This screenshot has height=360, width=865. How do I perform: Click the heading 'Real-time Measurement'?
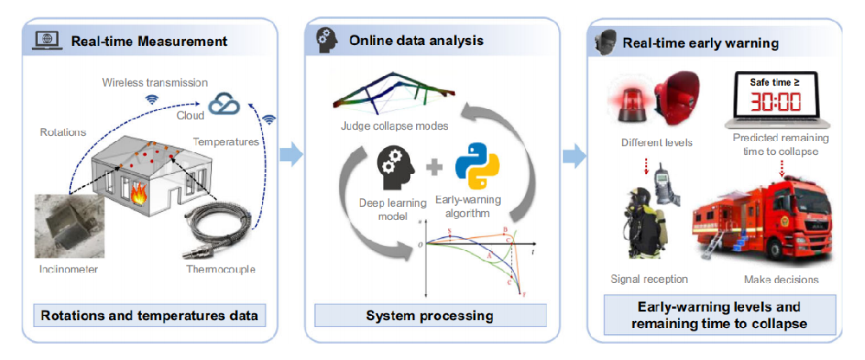(x=149, y=41)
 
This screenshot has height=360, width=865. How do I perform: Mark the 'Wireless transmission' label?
(x=155, y=82)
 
